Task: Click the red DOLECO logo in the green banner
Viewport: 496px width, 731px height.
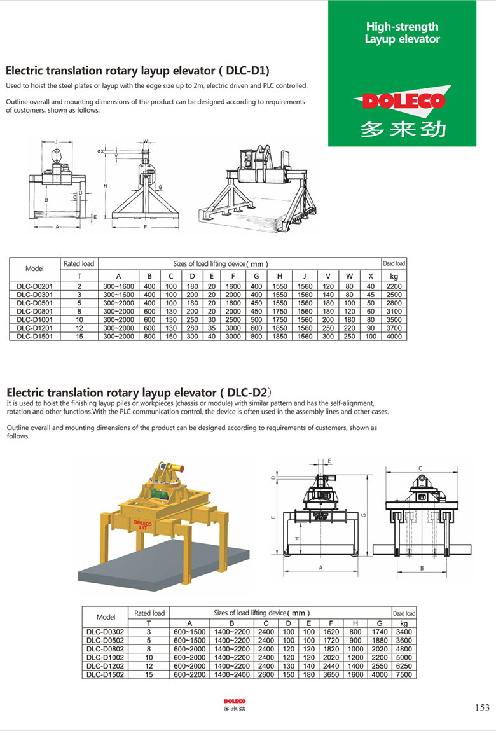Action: pos(402,101)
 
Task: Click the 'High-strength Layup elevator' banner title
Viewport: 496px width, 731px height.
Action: pos(402,32)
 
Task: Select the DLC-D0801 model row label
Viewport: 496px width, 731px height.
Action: pos(34,312)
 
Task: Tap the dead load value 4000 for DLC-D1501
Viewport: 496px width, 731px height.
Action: pos(394,337)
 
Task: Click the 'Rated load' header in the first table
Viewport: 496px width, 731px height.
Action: pos(79,263)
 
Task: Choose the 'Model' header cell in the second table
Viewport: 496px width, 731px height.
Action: pos(106,617)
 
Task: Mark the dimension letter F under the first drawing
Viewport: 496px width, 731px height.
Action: pos(146,226)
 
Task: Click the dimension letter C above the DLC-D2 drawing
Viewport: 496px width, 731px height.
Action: pos(420,468)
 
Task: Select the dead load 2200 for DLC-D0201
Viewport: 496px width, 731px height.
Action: pos(394,287)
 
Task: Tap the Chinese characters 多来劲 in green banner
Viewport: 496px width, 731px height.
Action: pos(402,129)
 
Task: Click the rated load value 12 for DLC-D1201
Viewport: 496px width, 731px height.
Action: pos(79,328)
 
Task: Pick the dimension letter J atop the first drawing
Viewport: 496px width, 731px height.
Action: pos(56,141)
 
